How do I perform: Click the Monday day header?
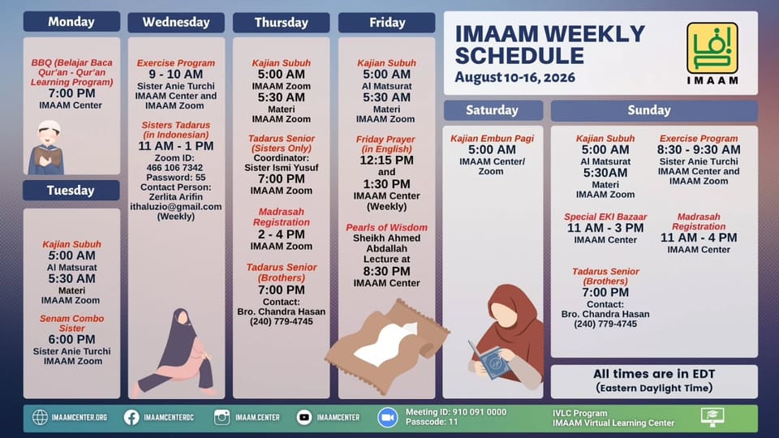71,22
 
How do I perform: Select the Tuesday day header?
71,190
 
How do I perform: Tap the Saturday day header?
493,110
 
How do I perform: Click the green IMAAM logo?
712,49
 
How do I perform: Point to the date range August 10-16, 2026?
514,78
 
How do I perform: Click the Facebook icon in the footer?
131,417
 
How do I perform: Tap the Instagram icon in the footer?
222,417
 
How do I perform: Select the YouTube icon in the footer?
304,417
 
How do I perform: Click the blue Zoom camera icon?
388,417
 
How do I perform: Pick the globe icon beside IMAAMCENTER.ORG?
40,417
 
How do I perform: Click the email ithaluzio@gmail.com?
176,207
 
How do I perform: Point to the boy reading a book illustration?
47,148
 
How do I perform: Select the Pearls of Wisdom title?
386,227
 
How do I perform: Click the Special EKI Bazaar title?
605,217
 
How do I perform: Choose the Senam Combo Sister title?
71,324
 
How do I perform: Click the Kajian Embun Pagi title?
492,139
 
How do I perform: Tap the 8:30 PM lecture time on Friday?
386,271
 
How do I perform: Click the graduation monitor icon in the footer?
712,417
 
